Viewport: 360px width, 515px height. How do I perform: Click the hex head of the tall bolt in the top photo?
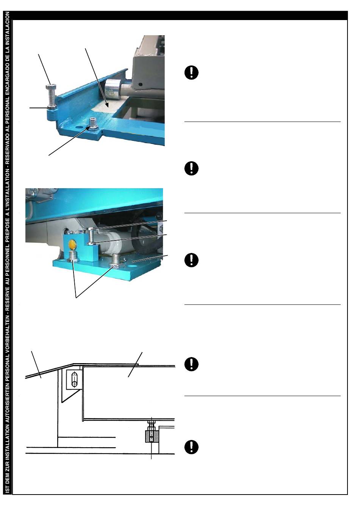coord(51,87)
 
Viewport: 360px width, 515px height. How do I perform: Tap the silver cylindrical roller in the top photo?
coord(112,90)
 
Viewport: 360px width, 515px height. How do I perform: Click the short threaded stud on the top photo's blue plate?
coord(93,124)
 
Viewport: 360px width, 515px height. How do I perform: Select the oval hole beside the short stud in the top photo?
coord(79,127)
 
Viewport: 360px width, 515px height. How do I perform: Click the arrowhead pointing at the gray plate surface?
coord(107,105)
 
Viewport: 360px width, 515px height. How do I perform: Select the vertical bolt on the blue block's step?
coord(91,236)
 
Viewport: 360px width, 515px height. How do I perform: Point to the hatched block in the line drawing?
coord(152,436)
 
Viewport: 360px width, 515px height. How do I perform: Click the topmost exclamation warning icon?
coord(191,72)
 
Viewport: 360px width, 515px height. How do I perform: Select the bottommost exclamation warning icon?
coord(191,447)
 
